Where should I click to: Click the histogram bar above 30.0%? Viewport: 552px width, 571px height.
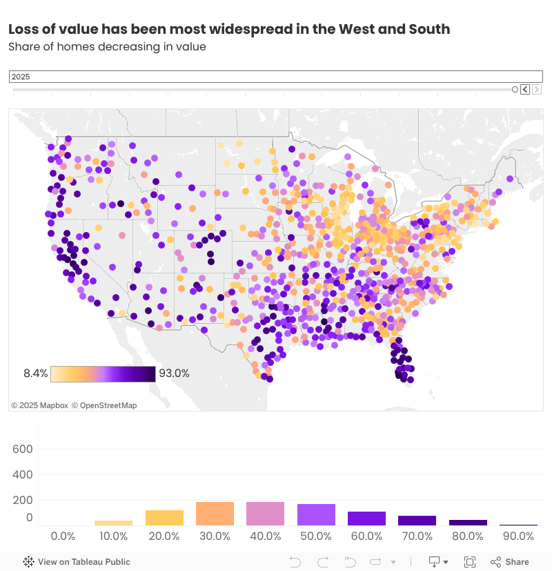point(215,514)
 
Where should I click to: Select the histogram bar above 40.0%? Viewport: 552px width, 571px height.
point(265,514)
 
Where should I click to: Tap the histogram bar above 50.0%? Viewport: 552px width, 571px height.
point(316,515)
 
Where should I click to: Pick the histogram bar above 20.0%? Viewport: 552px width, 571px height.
point(164,518)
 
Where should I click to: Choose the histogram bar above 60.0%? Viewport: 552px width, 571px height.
point(366,519)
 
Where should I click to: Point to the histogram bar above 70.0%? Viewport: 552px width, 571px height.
point(417,521)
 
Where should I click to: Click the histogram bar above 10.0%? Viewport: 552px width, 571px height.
point(113,523)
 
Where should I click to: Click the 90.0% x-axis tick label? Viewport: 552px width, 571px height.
point(518,536)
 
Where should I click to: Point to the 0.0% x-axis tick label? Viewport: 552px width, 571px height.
point(63,536)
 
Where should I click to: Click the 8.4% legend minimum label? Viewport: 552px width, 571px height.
point(36,374)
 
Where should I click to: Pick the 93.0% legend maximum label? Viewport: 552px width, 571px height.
point(174,374)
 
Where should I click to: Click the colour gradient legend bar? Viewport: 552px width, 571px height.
point(103,374)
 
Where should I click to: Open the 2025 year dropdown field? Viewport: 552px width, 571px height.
point(276,77)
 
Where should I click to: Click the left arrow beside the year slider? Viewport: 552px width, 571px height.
point(525,89)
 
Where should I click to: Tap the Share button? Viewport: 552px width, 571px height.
point(510,562)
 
